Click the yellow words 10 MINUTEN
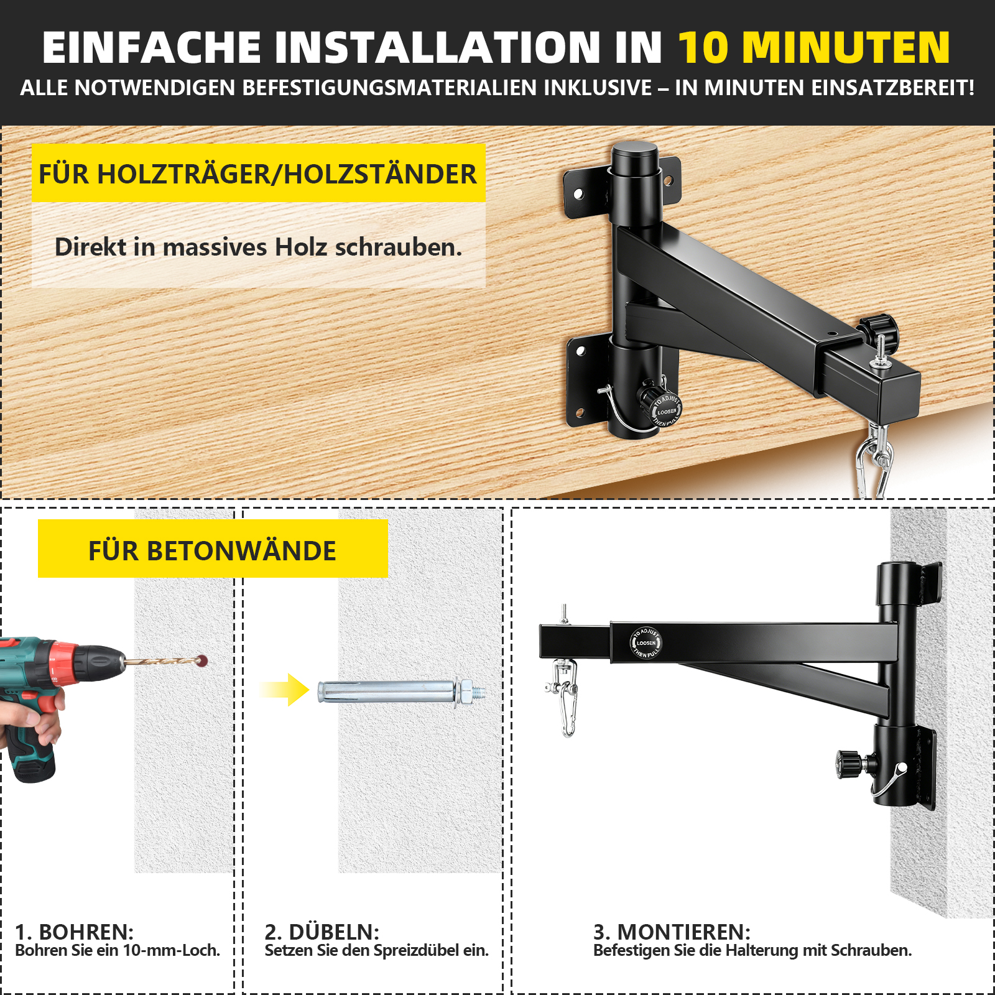pyautogui.click(x=813, y=48)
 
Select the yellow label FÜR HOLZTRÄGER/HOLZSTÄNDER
pyautogui.click(x=258, y=174)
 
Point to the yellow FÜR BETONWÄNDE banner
pyautogui.click(x=213, y=549)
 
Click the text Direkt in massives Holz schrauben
pyautogui.click(x=259, y=247)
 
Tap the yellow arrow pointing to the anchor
pyautogui.click(x=284, y=690)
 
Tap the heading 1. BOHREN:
pyautogui.click(x=74, y=932)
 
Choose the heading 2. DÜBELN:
pyautogui.click(x=322, y=932)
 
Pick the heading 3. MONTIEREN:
pyautogui.click(x=672, y=932)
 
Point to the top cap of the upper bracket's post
pyautogui.click(x=634, y=152)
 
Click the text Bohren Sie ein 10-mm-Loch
pyautogui.click(x=118, y=951)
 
